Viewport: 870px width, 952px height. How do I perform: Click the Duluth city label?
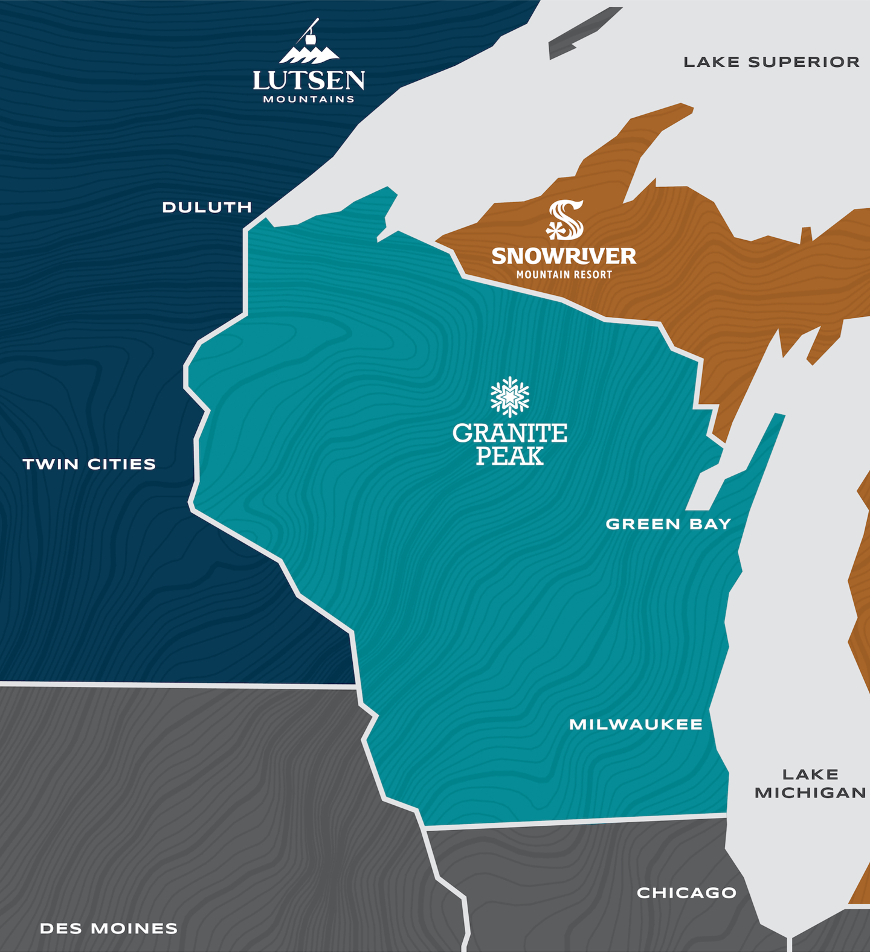point(207,208)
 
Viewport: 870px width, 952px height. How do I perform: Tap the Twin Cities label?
point(89,464)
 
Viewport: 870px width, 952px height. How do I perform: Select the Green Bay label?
point(668,524)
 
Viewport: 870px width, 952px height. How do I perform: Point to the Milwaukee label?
point(636,724)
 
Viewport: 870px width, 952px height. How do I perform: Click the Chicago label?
point(686,893)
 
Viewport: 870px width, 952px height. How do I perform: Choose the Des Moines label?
point(109,928)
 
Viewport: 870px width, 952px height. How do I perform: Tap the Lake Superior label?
point(772,62)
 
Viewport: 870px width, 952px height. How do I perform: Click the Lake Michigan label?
point(810,784)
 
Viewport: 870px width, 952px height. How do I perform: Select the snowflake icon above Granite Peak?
point(510,397)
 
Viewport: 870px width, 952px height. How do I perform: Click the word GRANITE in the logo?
point(510,433)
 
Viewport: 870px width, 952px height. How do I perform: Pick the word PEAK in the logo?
point(510,456)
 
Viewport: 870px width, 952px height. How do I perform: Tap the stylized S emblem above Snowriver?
point(565,220)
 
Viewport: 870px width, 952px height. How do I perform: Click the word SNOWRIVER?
point(564,256)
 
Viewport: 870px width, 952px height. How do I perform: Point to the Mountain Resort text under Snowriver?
point(564,275)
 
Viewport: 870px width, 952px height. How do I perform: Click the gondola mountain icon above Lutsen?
point(309,45)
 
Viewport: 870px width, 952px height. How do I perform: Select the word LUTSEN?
point(309,80)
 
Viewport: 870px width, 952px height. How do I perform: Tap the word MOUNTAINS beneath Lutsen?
point(309,100)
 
